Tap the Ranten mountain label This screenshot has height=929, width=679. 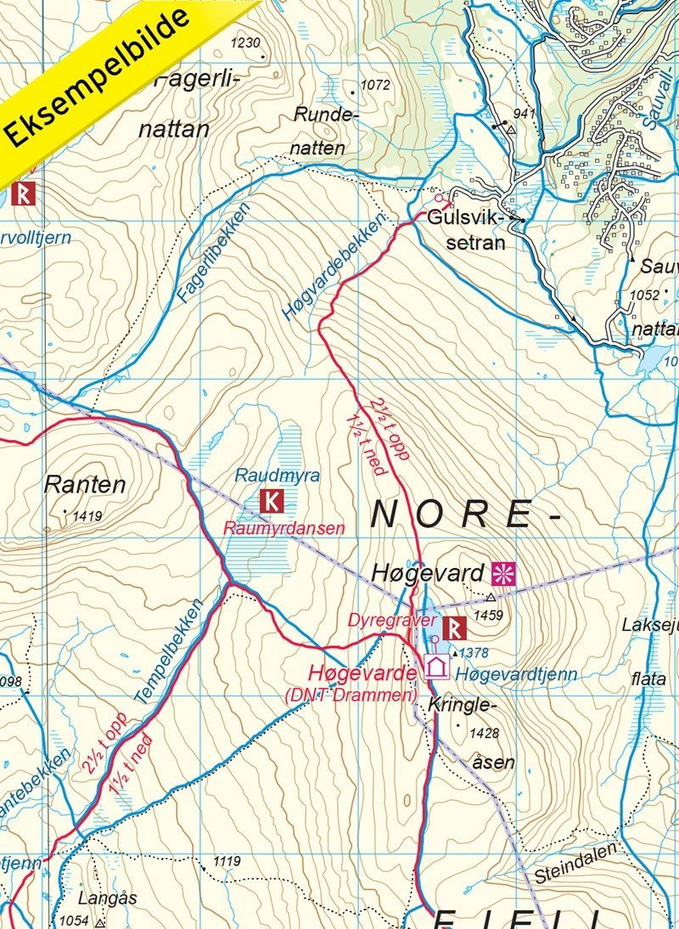pos(84,486)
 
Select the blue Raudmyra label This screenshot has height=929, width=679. pos(265,476)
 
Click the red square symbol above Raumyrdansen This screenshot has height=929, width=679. pos(271,501)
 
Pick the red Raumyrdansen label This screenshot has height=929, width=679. pos(283,528)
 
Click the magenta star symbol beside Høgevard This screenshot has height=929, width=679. pos(504,572)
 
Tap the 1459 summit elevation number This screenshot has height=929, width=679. pos(489,614)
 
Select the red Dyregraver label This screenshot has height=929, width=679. pos(385,620)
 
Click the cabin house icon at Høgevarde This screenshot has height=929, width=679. pos(436,667)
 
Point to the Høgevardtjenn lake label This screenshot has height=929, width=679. pos(516,674)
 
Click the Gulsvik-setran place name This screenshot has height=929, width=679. pos(466,229)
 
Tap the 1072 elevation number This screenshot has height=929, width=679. pos(374,86)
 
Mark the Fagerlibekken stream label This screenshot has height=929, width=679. pos(214,253)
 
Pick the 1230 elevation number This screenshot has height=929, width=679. pos(245,43)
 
